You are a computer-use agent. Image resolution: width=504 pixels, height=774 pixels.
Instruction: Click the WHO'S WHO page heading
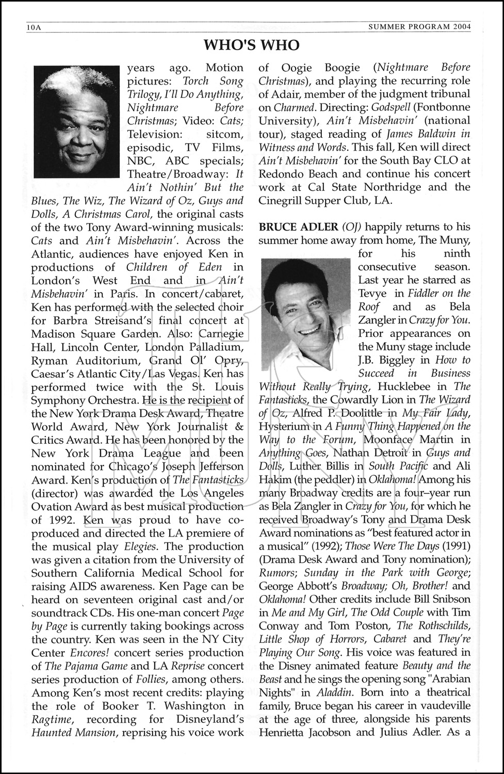(252, 45)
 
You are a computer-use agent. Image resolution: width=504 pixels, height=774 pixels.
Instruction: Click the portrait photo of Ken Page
(76, 122)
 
